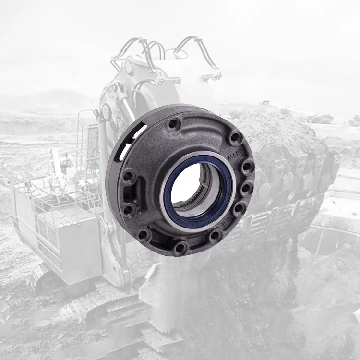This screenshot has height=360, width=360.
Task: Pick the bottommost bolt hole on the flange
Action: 180,248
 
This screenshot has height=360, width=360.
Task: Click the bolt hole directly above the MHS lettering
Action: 235,138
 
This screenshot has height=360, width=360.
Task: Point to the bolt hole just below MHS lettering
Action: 247,167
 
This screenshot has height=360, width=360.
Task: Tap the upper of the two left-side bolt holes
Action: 129,177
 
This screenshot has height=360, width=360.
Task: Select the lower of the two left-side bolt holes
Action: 129,209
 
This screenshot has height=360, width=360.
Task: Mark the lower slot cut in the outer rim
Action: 122,149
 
